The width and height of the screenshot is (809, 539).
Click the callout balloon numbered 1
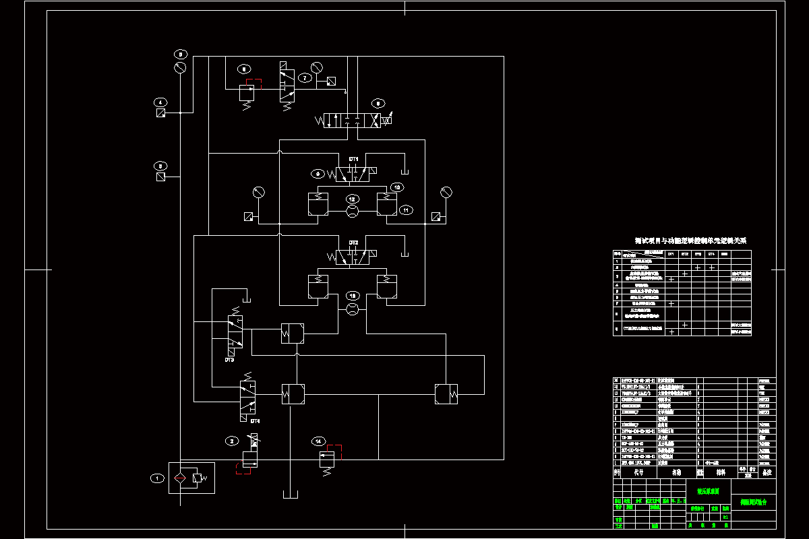click(x=157, y=478)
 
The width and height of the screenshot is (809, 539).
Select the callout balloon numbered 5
click(x=180, y=53)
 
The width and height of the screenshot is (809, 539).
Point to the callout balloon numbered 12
click(x=352, y=199)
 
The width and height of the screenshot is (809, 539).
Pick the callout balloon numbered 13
click(x=352, y=296)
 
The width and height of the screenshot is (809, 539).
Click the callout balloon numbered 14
click(x=318, y=441)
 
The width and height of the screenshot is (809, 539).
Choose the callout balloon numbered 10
click(x=397, y=187)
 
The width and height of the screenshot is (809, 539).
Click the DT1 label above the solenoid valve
click(x=353, y=159)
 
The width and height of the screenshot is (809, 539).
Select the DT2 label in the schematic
click(x=353, y=242)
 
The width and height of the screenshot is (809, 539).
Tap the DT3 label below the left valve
click(x=229, y=360)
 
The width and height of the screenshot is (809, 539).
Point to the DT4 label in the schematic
click(x=255, y=421)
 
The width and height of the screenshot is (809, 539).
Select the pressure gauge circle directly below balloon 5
click(x=180, y=68)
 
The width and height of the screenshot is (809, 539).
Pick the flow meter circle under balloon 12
click(x=352, y=212)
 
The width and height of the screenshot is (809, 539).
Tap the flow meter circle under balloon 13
click(x=352, y=309)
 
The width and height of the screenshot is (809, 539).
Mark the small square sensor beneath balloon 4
click(x=160, y=113)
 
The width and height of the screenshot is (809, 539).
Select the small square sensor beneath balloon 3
click(x=160, y=177)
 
